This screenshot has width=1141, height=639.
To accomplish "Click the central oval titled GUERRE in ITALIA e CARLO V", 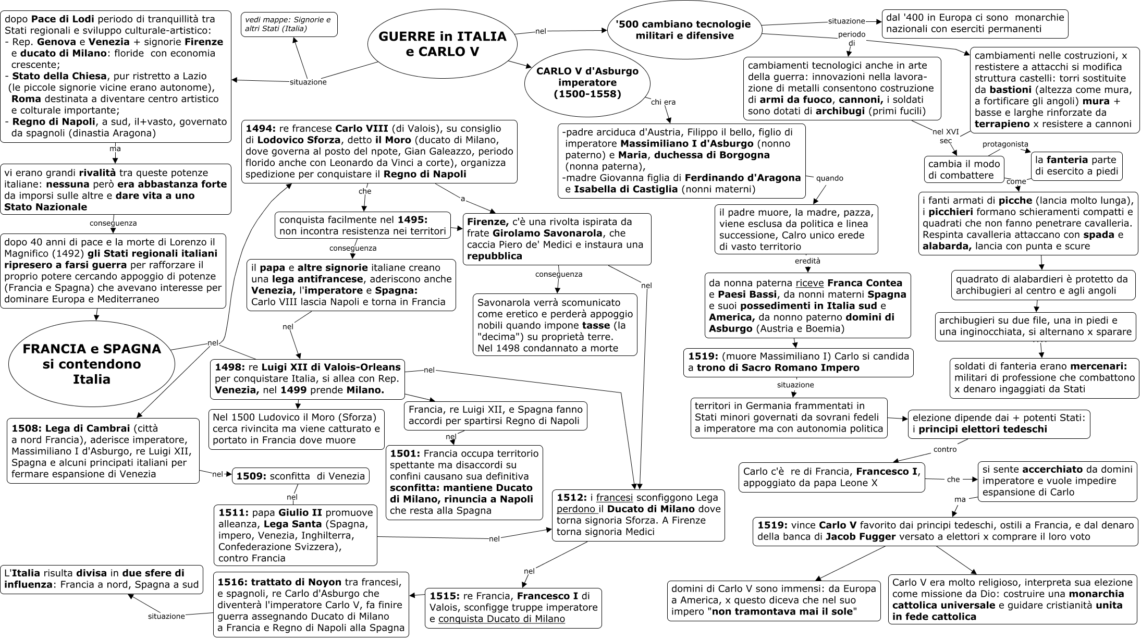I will coord(441,44).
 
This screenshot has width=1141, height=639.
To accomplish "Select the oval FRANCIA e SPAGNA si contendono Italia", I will coord(91,364).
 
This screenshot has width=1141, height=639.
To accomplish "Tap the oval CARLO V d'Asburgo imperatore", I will coord(587,83).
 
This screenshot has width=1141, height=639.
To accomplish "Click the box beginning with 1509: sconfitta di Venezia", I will coord(301,476).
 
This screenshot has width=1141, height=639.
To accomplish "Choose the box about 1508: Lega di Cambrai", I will coord(103,451).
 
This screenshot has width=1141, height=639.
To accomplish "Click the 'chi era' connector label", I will coord(663,102).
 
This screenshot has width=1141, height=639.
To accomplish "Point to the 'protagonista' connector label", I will coord(1005,144).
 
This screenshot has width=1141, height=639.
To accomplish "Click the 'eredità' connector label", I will coord(807,261).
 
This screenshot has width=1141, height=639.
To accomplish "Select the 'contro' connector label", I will coord(945,449).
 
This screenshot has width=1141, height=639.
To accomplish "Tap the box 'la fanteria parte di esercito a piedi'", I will coord(1076,166).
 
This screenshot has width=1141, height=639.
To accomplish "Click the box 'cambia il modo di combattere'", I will coord(964,169).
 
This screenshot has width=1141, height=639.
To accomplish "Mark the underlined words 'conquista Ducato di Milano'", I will coord(501,619).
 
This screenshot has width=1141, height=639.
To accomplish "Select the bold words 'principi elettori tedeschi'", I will coord(983,429).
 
